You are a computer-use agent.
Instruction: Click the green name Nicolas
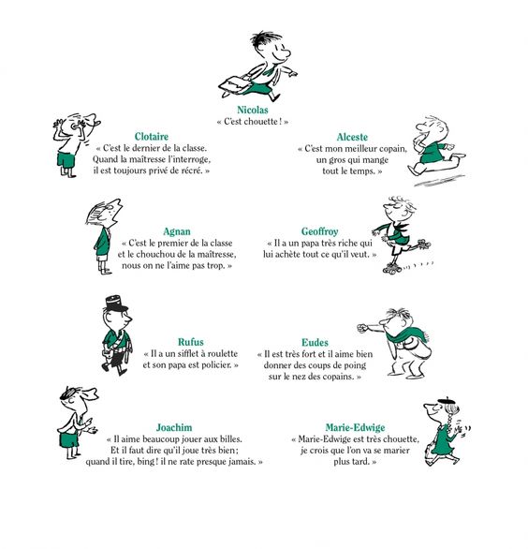point(252,110)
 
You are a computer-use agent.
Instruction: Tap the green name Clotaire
point(151,136)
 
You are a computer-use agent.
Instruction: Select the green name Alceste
point(352,137)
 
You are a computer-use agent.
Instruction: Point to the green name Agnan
point(177,231)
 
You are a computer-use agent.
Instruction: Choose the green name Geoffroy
point(319,231)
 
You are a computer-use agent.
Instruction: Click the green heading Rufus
point(191,342)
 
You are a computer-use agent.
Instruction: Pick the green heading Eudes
point(315,342)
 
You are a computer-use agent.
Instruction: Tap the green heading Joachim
point(174,427)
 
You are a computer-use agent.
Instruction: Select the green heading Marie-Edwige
point(355,427)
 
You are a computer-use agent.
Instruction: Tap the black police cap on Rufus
point(115,304)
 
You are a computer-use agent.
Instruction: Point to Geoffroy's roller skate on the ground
point(392,269)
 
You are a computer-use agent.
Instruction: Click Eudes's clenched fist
point(362,328)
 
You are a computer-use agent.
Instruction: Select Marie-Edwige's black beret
point(444,401)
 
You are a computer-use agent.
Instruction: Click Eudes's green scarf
point(407,334)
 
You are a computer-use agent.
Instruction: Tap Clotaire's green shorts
point(66,161)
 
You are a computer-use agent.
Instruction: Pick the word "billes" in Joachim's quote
point(230,438)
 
